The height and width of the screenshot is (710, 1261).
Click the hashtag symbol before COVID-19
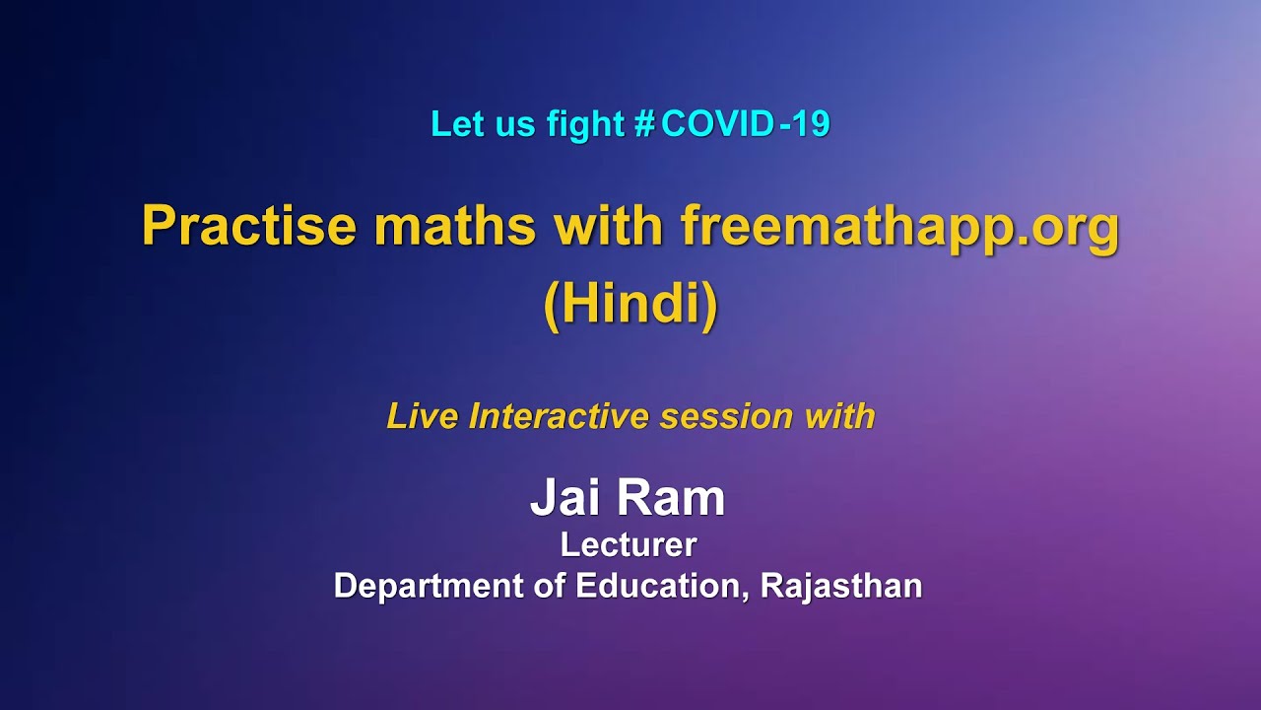tap(645, 124)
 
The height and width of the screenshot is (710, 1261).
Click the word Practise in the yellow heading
tap(249, 227)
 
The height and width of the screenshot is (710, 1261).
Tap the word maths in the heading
tap(455, 227)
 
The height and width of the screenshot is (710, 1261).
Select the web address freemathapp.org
tap(899, 227)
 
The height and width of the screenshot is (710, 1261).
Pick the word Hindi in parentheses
tap(630, 306)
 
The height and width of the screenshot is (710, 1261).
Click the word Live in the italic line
tap(423, 416)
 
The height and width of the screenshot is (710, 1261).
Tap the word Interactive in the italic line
tap(560, 416)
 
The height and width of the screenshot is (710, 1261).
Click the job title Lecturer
tap(629, 544)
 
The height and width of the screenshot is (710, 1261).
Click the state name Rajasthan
tap(841, 586)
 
